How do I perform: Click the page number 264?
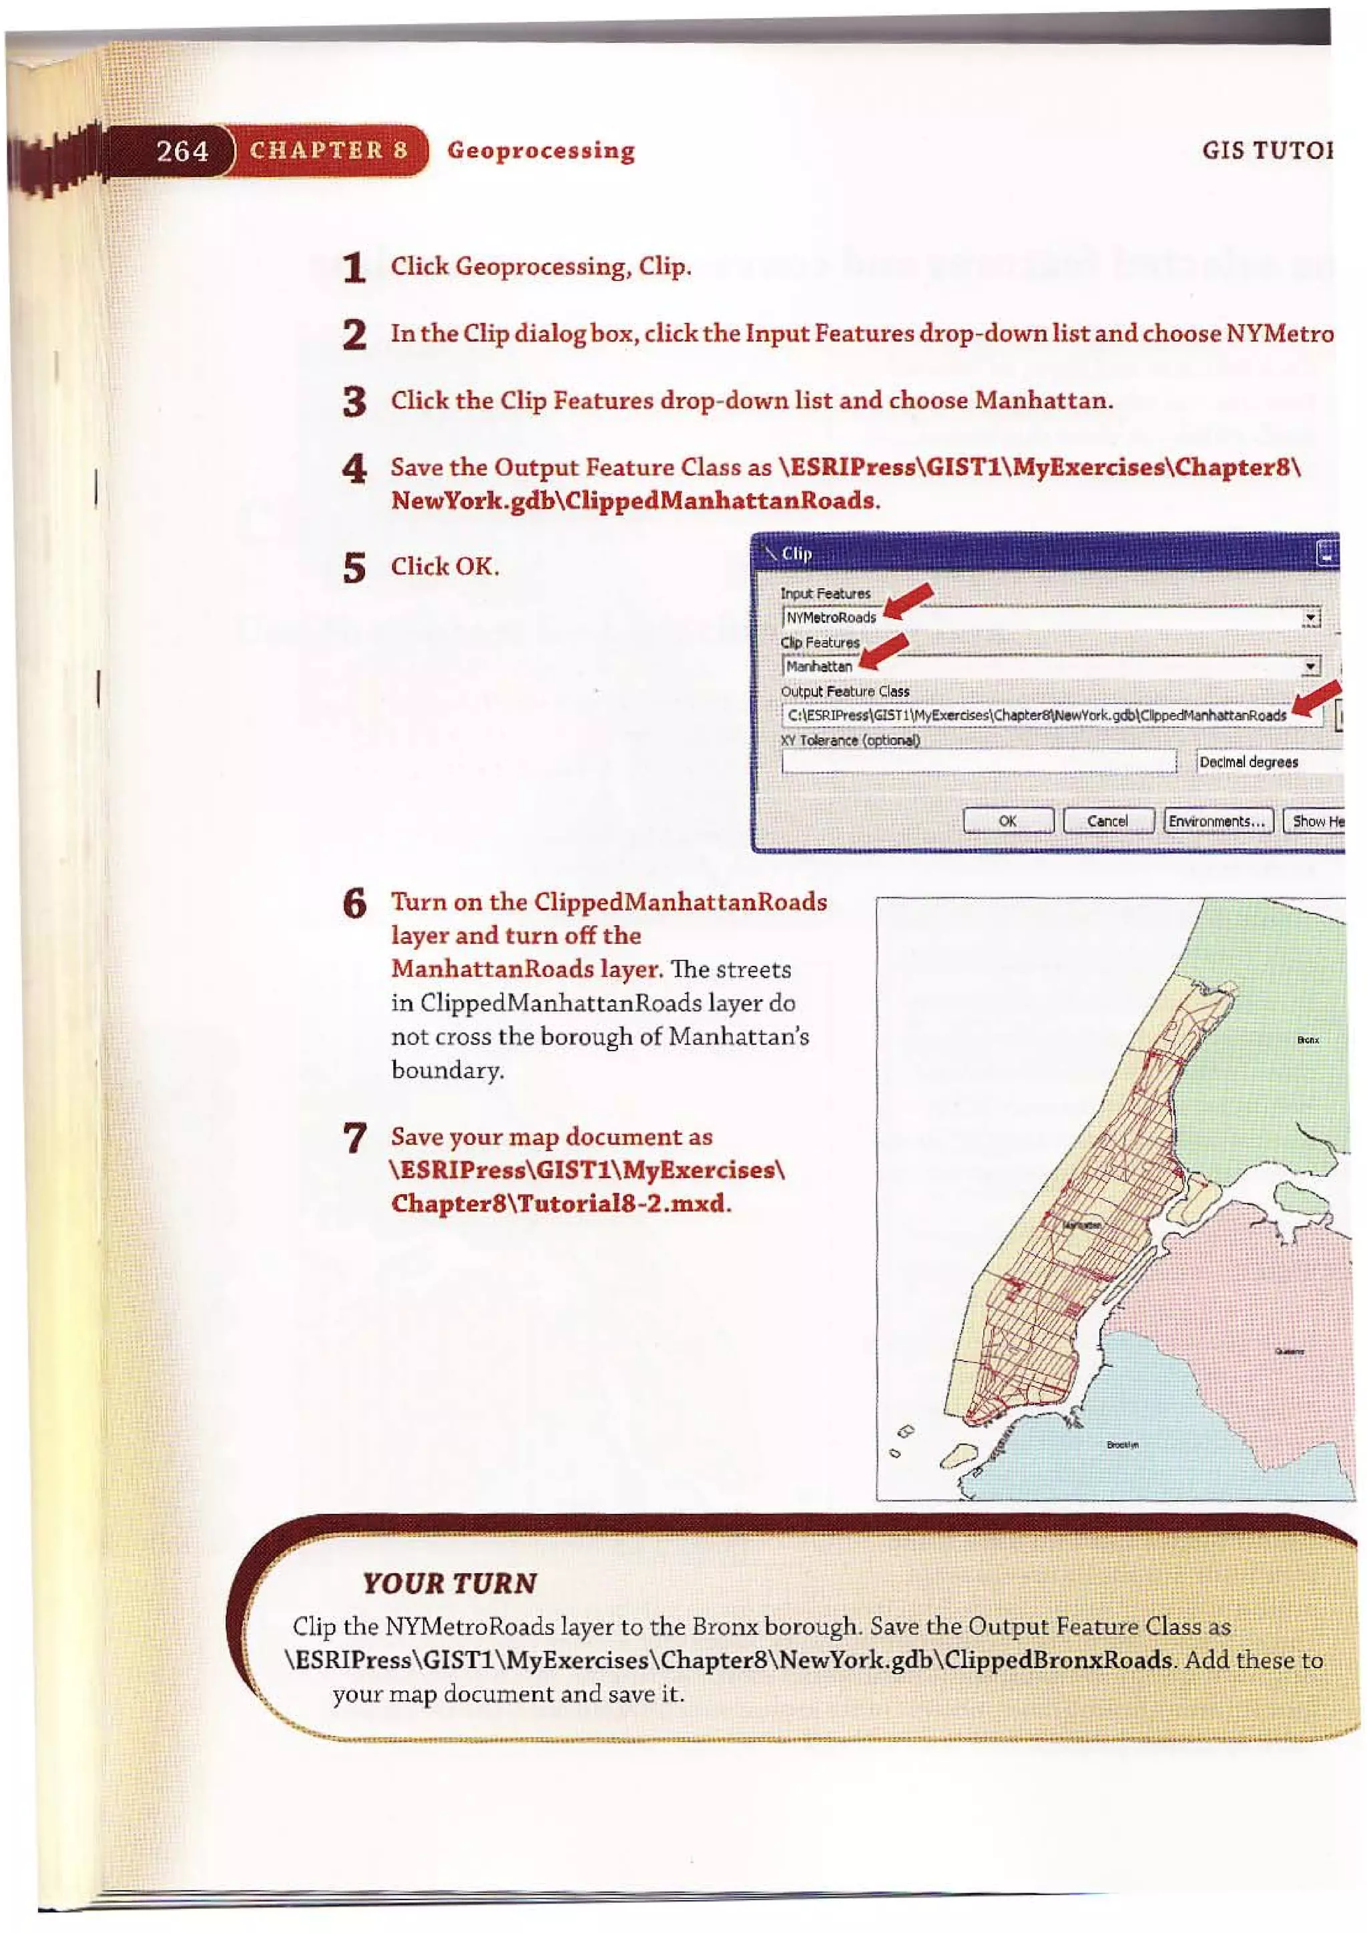pos(182,151)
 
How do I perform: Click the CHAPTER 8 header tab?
pos(328,151)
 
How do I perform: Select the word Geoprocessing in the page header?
pos(541,151)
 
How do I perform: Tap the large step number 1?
pos(354,268)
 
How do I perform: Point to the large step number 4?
pos(354,468)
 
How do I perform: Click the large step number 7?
pos(354,1138)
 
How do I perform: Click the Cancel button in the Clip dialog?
pos(1107,821)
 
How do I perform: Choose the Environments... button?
pos(1217,821)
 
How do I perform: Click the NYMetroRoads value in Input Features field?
pos(831,617)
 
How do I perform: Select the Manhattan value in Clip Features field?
pos(819,666)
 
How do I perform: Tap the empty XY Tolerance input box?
pos(978,762)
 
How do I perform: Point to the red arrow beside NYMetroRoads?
pos(910,600)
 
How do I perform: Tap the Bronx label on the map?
pos(1307,1041)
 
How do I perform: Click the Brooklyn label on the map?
pos(1122,1444)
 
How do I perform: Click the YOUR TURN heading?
pos(449,1584)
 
